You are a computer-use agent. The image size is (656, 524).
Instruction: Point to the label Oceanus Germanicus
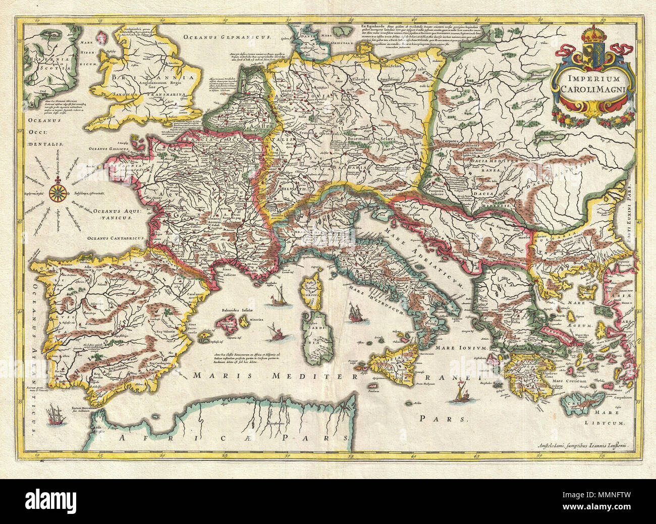pos(228,37)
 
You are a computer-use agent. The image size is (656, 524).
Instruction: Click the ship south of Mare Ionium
pos(461,393)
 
